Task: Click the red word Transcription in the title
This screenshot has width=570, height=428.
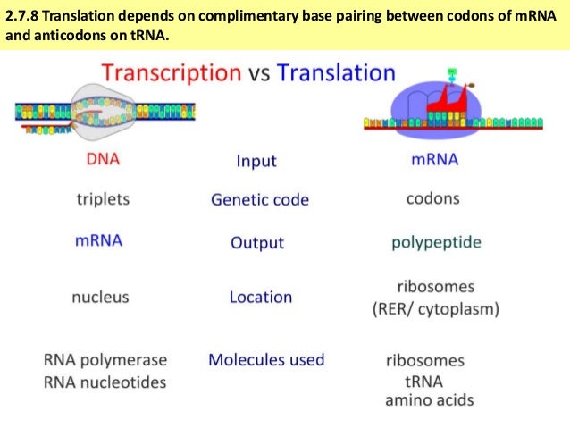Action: click(169, 73)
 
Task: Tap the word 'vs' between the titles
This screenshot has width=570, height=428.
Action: click(258, 74)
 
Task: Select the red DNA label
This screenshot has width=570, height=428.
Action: click(103, 160)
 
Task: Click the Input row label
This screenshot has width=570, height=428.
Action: click(256, 161)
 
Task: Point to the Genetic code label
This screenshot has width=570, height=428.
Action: click(259, 199)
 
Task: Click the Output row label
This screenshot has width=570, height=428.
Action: click(257, 242)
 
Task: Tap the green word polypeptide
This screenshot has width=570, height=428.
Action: click(436, 242)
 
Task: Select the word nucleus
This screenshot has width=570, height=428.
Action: click(100, 297)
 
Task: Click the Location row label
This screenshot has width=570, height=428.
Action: click(260, 297)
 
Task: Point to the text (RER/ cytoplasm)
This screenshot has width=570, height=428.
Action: click(435, 310)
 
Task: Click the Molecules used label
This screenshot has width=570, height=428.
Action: click(266, 360)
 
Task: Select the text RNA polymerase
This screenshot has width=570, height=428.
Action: click(105, 360)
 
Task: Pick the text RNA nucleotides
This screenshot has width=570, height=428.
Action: click(105, 382)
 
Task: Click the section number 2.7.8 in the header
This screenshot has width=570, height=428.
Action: click(24, 15)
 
